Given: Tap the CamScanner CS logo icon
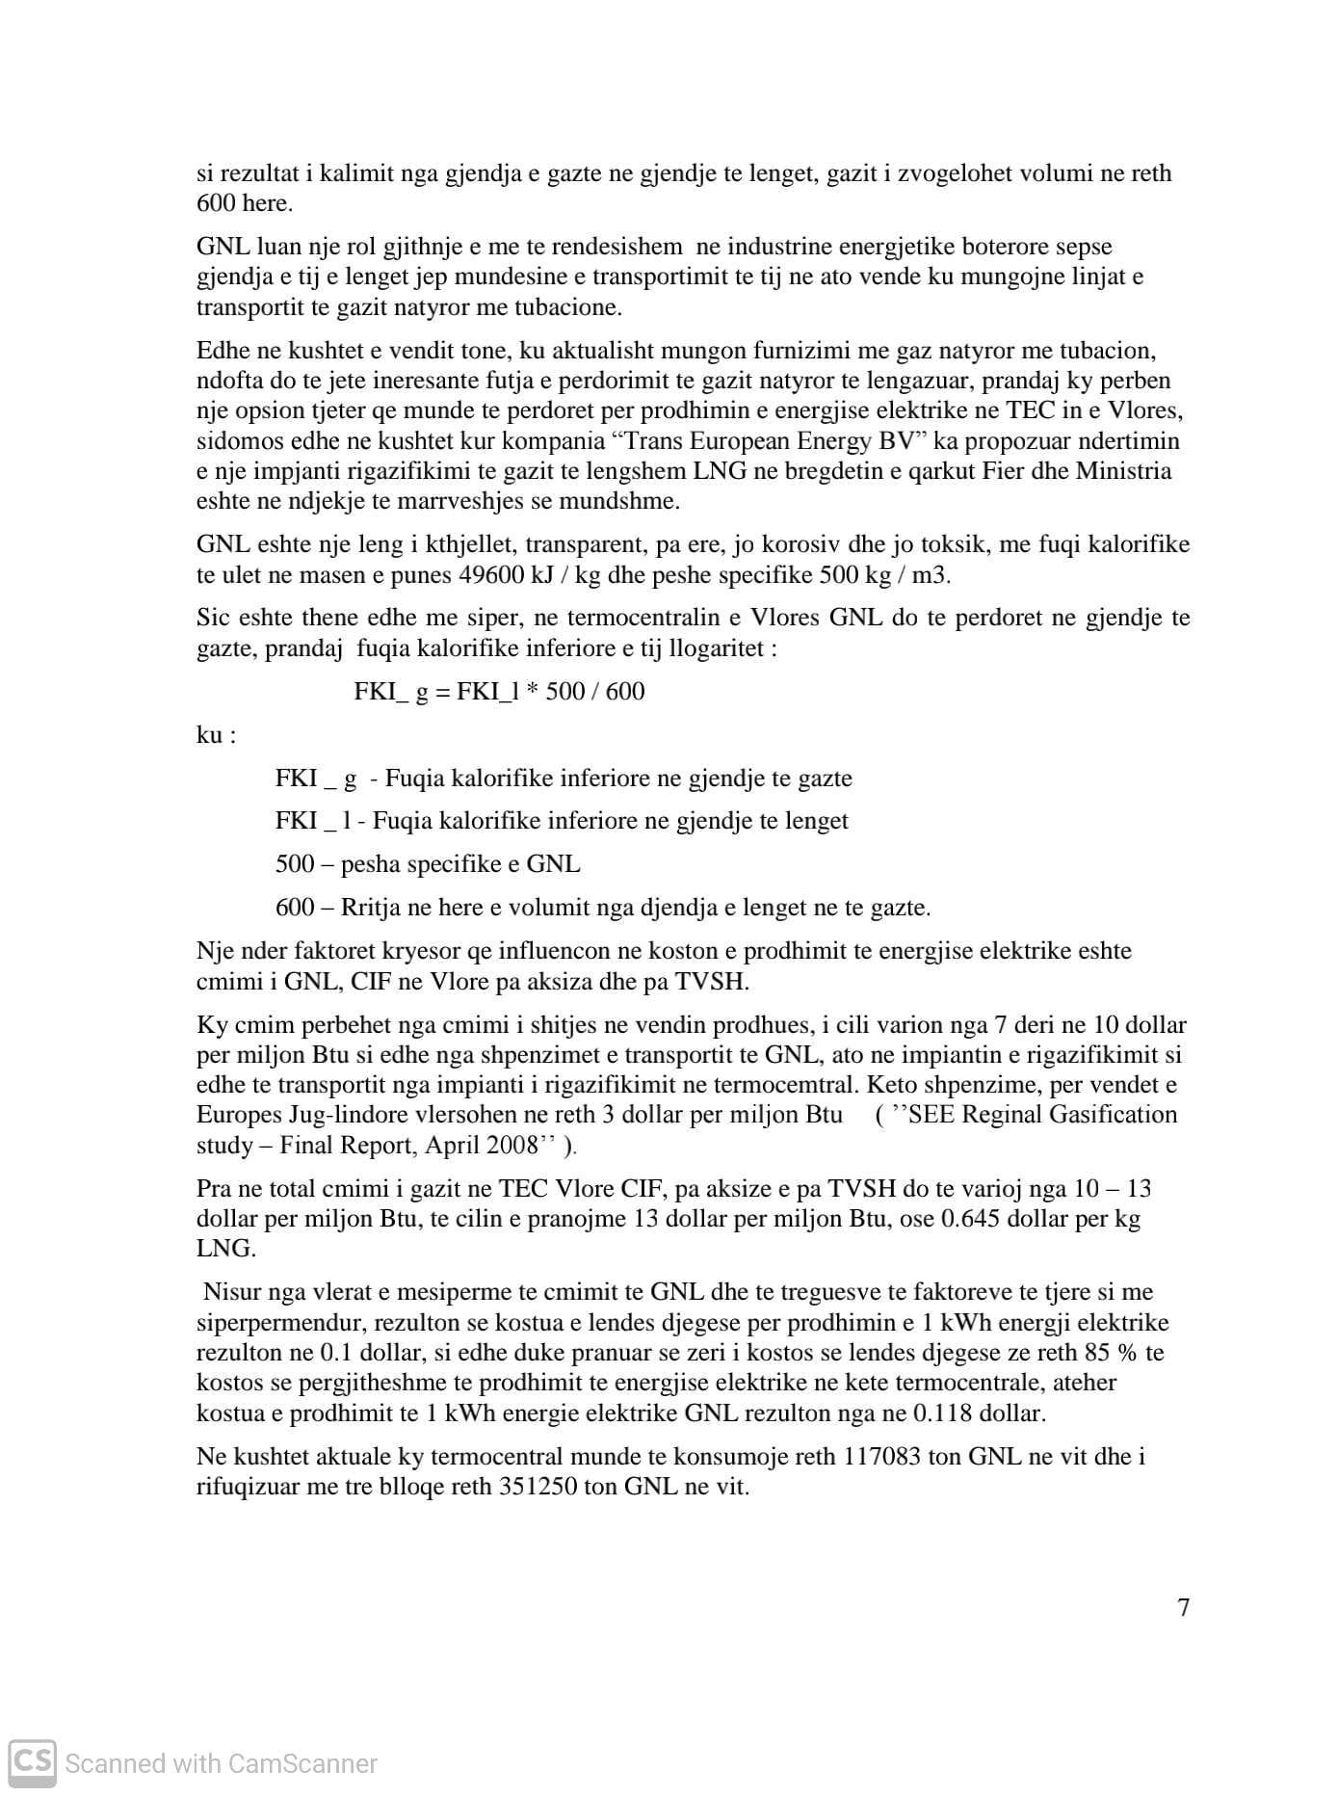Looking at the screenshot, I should [32, 1762].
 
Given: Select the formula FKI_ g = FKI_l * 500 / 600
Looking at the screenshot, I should [499, 692].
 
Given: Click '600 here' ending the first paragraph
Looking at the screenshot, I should [244, 203].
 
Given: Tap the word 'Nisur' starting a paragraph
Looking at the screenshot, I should [232, 1292].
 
